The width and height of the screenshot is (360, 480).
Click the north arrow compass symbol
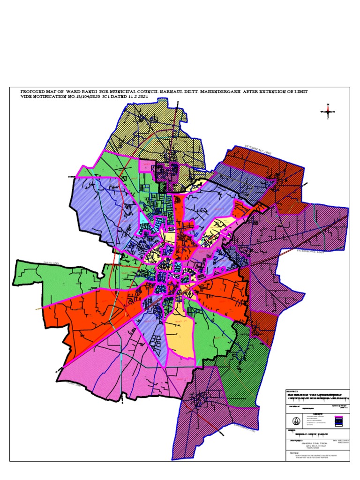328,111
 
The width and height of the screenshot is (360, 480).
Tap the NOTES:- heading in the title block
294,454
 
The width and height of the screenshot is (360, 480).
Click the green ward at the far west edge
42,281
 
